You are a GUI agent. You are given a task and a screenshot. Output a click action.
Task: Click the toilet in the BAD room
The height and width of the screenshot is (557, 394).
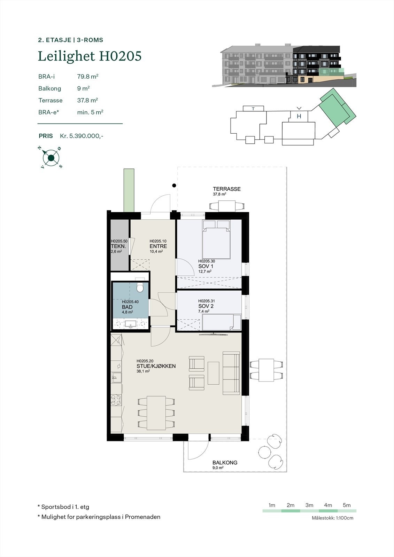pyautogui.click(x=140, y=288)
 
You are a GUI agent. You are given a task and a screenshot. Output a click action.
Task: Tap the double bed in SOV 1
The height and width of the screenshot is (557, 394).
pyautogui.click(x=217, y=240)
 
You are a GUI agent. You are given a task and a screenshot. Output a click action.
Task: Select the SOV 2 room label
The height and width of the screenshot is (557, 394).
pyautogui.click(x=206, y=306)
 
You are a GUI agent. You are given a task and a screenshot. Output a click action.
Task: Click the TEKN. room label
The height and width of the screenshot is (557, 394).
pyautogui.click(x=118, y=246)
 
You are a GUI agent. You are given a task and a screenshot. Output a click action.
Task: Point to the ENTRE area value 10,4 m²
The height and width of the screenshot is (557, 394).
pyautogui.click(x=156, y=251)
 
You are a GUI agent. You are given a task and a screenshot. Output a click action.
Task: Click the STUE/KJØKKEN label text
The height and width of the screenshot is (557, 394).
pyautogui.click(x=156, y=366)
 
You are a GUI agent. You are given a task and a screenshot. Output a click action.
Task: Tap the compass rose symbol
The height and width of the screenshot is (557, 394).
pyautogui.click(x=51, y=158)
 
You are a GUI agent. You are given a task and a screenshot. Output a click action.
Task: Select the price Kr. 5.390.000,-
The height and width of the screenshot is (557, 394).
pyautogui.click(x=82, y=136)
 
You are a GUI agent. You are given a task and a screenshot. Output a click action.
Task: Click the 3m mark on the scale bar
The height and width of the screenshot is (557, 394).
pyautogui.click(x=309, y=505)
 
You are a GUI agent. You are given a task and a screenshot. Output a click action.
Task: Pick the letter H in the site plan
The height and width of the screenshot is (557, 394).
pyautogui.click(x=299, y=117)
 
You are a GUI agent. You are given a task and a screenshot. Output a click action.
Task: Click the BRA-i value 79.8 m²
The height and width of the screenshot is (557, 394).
pyautogui.click(x=87, y=76)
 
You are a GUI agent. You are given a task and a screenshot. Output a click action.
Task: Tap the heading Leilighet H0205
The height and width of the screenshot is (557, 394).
pyautogui.click(x=90, y=56)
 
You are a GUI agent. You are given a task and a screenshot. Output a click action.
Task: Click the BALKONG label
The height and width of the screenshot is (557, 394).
pyautogui.click(x=225, y=463)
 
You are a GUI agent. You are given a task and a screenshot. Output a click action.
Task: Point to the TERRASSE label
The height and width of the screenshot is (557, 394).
pyautogui.click(x=227, y=189)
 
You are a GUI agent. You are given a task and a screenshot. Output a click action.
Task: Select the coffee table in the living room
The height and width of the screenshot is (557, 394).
pyautogui.click(x=214, y=373)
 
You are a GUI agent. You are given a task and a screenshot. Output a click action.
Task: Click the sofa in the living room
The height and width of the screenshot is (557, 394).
pyautogui.click(x=231, y=373)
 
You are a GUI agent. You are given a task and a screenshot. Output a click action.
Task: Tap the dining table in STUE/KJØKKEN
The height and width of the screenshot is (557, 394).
pyautogui.click(x=156, y=413)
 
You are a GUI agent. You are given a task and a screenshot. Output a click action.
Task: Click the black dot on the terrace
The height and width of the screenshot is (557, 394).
pyautogui.click(x=174, y=186)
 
